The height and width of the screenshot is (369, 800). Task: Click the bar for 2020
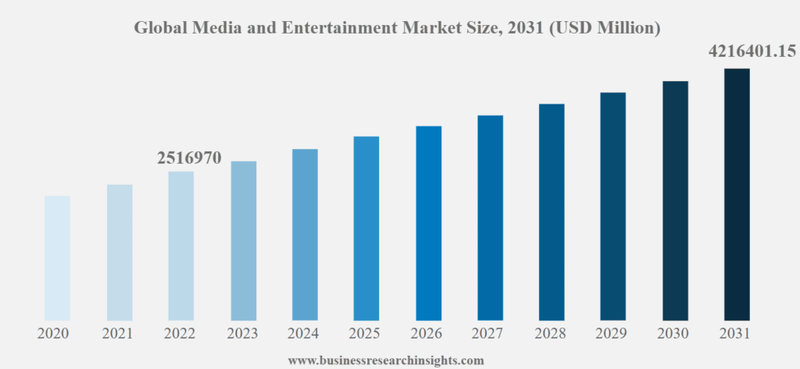pyautogui.click(x=57, y=257)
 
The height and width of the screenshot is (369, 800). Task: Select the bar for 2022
pyautogui.click(x=180, y=245)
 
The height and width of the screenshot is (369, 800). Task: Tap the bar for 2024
pyautogui.click(x=305, y=234)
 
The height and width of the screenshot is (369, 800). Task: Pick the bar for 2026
pyautogui.click(x=428, y=222)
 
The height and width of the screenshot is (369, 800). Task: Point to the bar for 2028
pyautogui.click(x=552, y=211)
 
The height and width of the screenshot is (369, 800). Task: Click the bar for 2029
pyautogui.click(x=613, y=206)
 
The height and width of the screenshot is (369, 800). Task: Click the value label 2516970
pyautogui.click(x=190, y=158)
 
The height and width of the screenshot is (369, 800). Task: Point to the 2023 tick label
pyautogui.click(x=243, y=334)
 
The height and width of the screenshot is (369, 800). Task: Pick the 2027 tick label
pyautogui.click(x=490, y=334)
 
